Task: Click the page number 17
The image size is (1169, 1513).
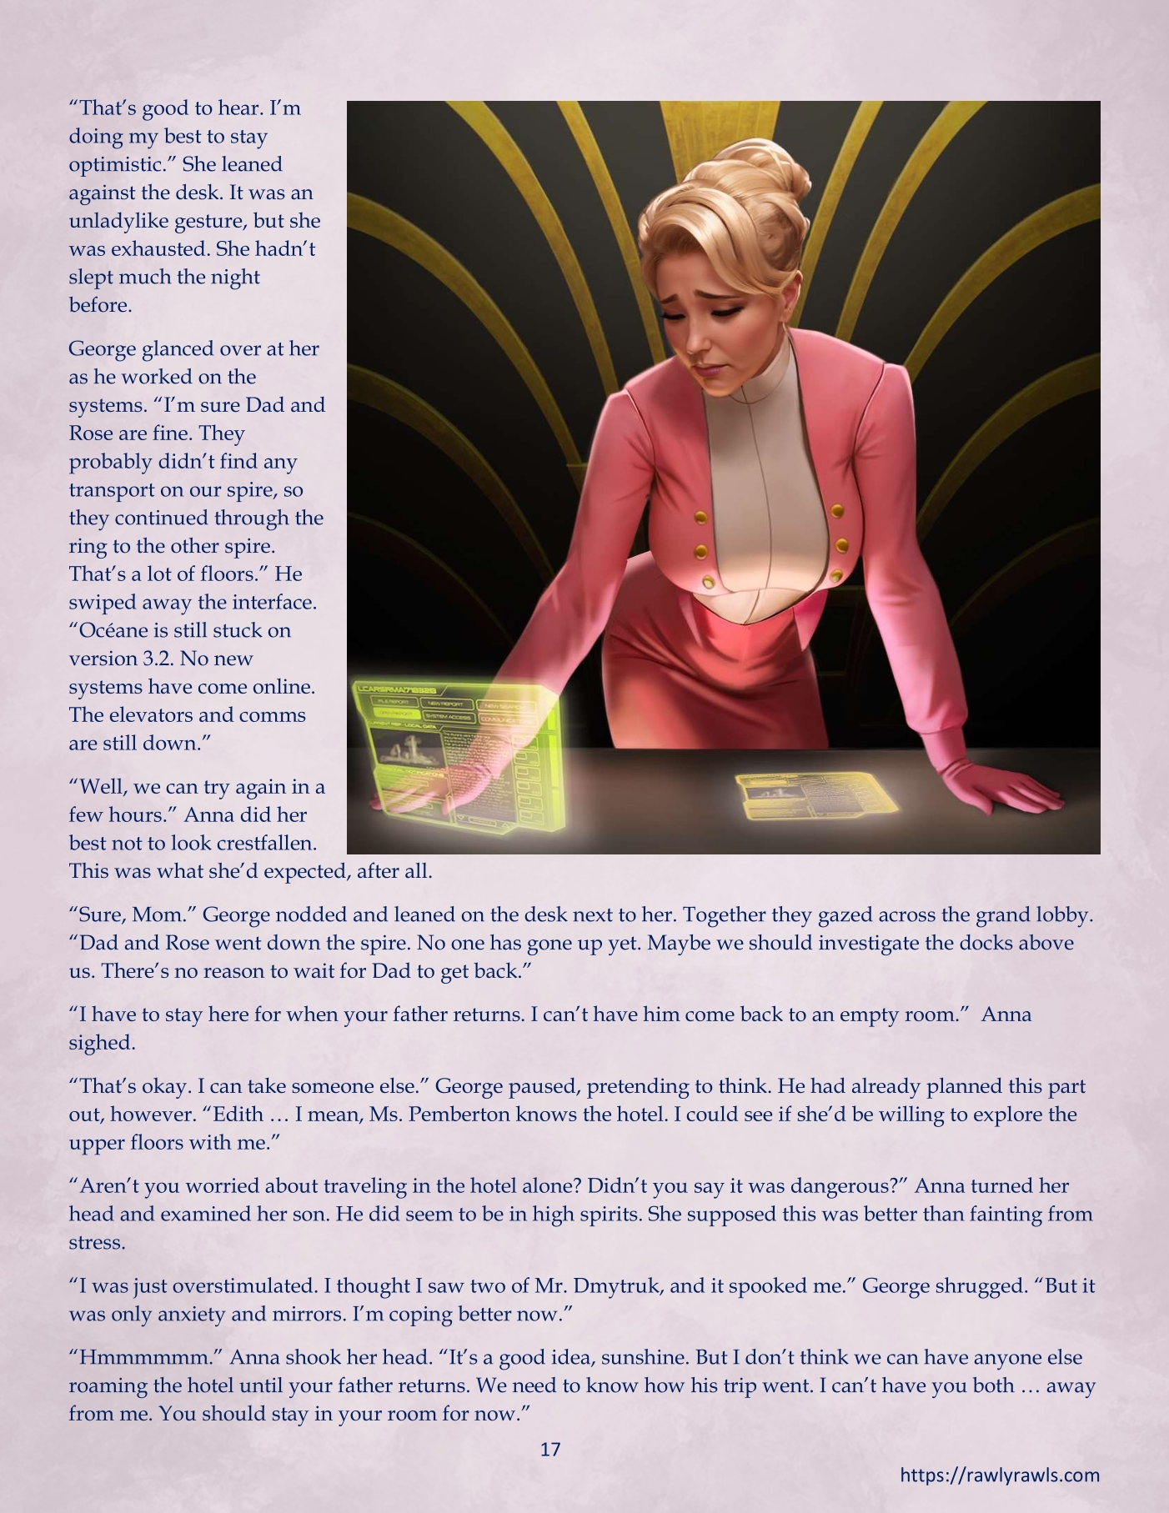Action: [550, 1449]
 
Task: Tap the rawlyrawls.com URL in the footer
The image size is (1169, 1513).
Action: [1000, 1475]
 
